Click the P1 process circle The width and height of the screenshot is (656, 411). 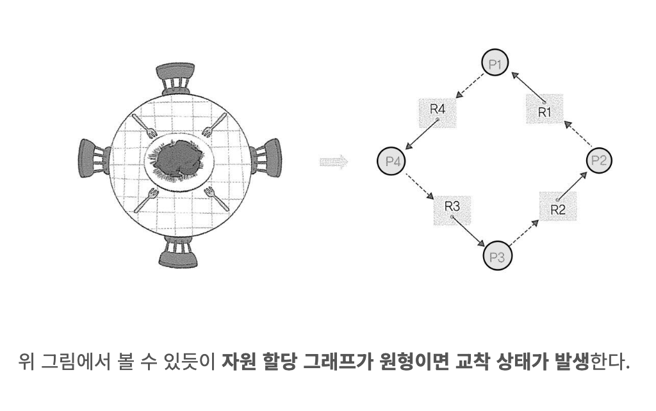(x=495, y=64)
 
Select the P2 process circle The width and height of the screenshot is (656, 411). (x=598, y=161)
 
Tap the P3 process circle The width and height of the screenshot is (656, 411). (x=498, y=257)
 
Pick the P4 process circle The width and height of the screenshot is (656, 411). (x=391, y=161)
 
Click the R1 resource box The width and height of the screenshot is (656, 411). (x=545, y=109)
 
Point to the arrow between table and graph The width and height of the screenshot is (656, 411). (x=333, y=162)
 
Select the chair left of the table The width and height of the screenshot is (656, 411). (x=94, y=160)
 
